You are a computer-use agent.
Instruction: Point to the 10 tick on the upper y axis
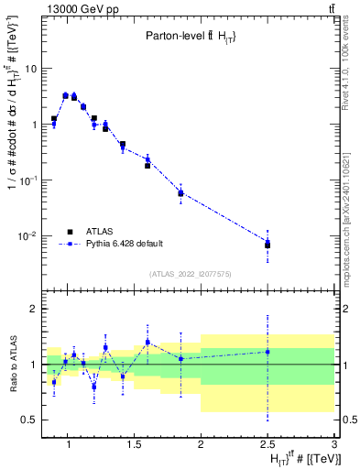30,69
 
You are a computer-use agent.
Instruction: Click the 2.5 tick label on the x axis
267,446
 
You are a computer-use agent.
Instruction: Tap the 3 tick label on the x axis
335,446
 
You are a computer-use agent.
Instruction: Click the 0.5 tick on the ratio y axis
28,420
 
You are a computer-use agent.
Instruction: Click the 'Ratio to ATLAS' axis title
11,364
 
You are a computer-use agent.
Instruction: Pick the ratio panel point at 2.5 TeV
267,352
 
